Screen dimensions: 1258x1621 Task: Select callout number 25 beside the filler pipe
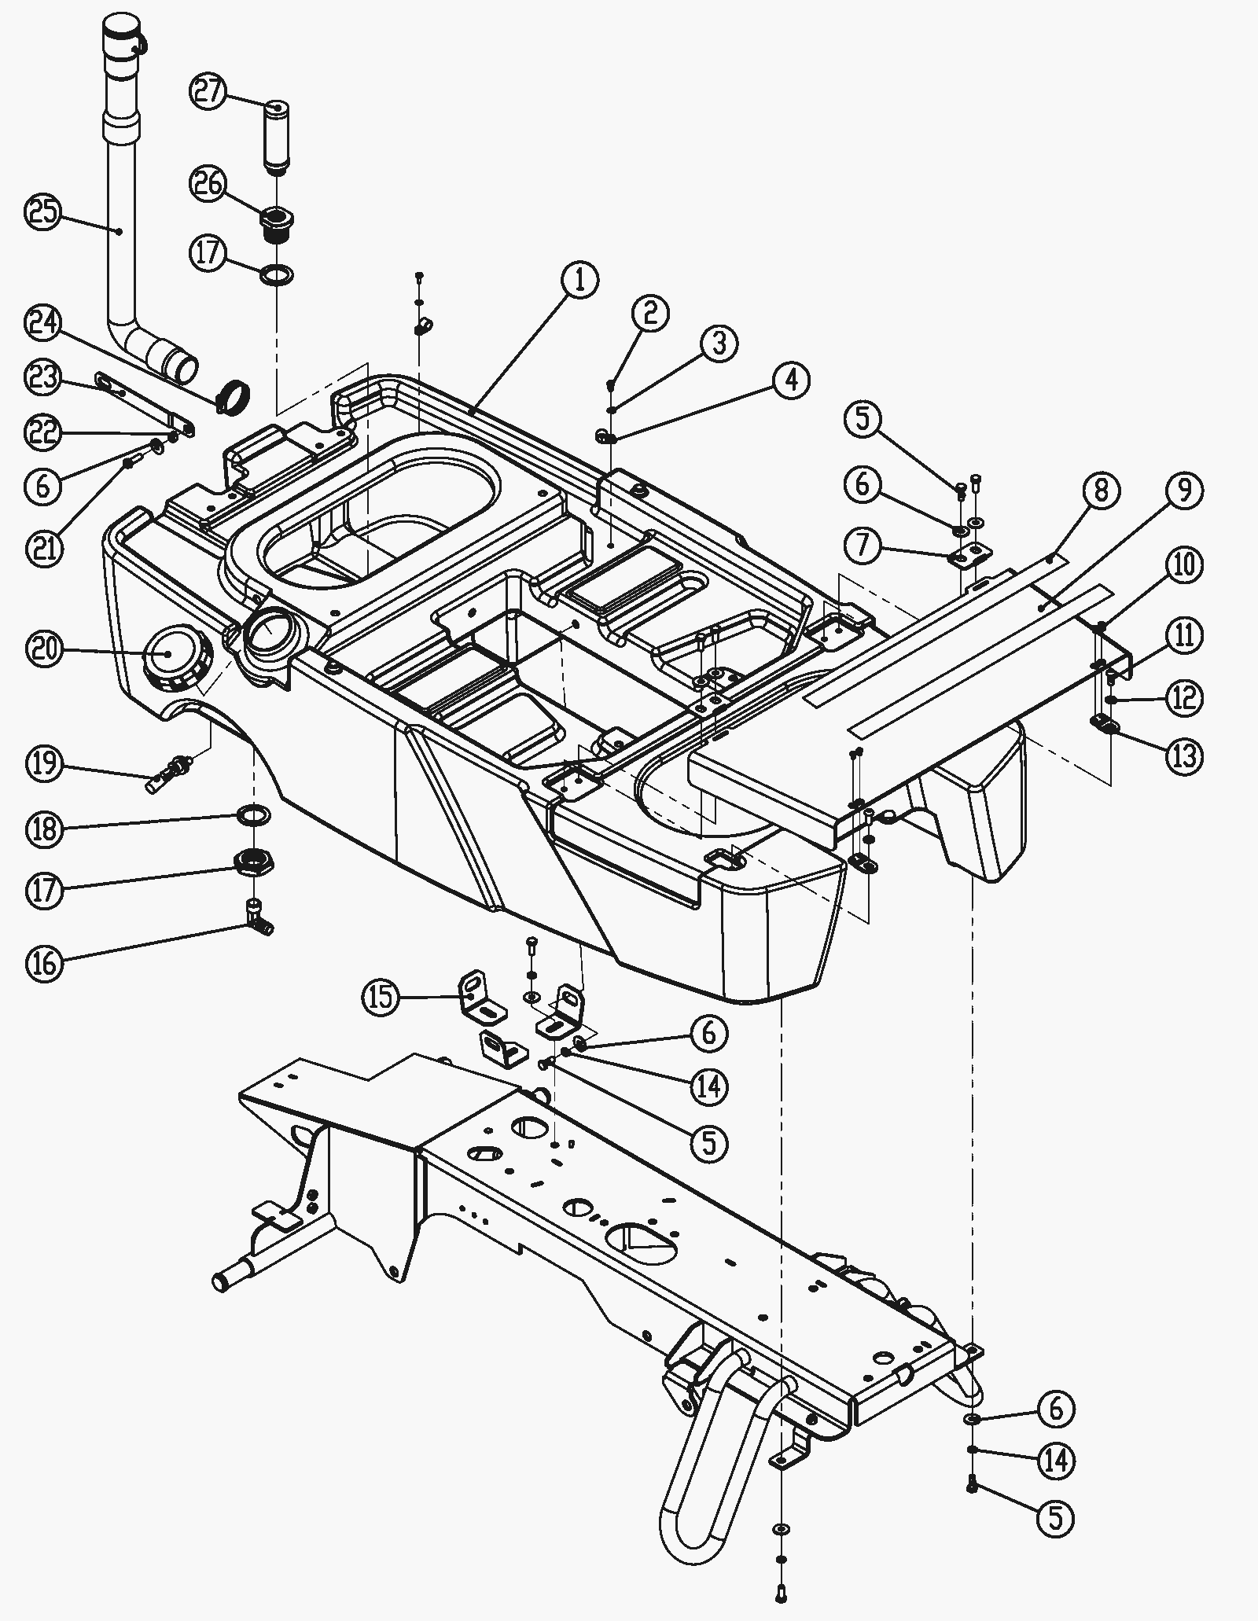point(45,212)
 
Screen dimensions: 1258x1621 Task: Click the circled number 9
point(1184,491)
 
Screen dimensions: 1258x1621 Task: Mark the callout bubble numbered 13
point(1184,756)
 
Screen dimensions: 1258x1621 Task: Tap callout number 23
point(45,378)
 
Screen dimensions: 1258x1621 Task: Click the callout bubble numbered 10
point(1184,565)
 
